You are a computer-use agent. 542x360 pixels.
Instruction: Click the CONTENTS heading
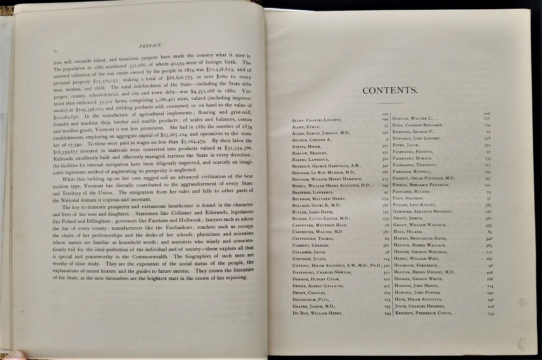(x=390, y=91)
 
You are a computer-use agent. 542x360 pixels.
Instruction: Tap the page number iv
(x=55, y=52)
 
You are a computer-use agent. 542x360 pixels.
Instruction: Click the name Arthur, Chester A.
(x=309, y=139)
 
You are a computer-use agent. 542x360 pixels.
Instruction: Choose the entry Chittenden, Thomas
(x=313, y=239)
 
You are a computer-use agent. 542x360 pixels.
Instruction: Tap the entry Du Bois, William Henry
(x=317, y=313)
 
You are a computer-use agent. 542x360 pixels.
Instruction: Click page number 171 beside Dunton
(x=487, y=118)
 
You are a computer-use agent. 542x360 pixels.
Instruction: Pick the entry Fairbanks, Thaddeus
(x=421, y=165)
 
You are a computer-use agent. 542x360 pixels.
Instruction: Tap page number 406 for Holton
(x=489, y=272)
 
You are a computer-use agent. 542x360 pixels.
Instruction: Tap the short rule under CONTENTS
(x=390, y=102)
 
